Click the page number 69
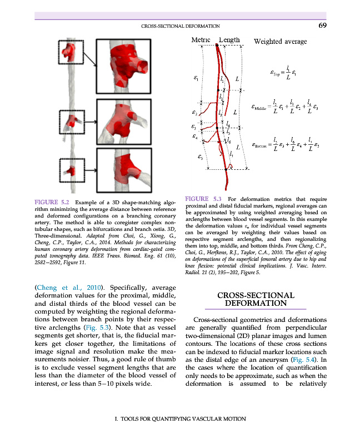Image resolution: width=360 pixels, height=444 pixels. [x=322, y=25]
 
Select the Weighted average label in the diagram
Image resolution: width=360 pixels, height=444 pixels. [x=280, y=41]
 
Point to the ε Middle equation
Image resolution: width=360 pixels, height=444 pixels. [x=284, y=107]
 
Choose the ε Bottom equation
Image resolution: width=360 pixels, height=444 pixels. [x=284, y=145]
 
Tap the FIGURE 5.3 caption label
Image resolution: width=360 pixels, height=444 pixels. [x=203, y=198]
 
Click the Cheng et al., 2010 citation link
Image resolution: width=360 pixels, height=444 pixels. [x=70, y=287]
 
